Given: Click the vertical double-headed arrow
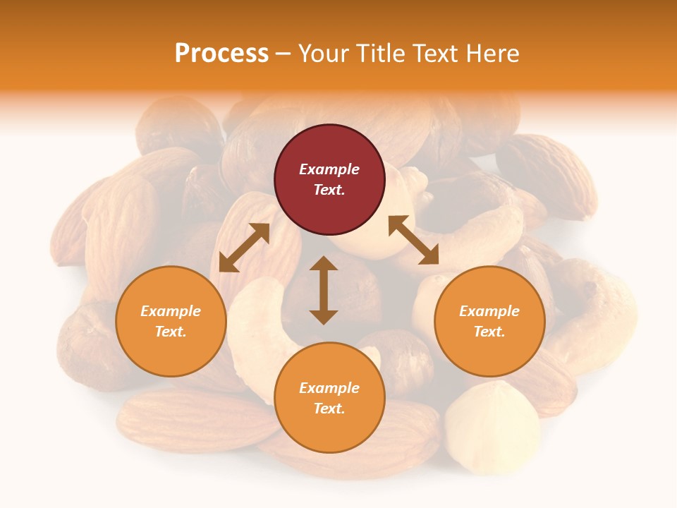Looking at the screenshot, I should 324,291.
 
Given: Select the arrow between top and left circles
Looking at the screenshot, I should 244,248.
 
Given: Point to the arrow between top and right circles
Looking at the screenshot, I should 414,240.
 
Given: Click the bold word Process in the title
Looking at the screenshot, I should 221,53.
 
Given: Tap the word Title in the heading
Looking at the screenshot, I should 381,53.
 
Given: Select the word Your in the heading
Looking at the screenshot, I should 324,53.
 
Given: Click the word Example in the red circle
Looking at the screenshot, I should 329,169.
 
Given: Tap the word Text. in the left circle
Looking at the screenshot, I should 171,332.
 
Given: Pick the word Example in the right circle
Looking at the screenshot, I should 489,311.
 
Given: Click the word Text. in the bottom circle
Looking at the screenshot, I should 329,409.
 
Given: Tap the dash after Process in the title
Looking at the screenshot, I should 283,54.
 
